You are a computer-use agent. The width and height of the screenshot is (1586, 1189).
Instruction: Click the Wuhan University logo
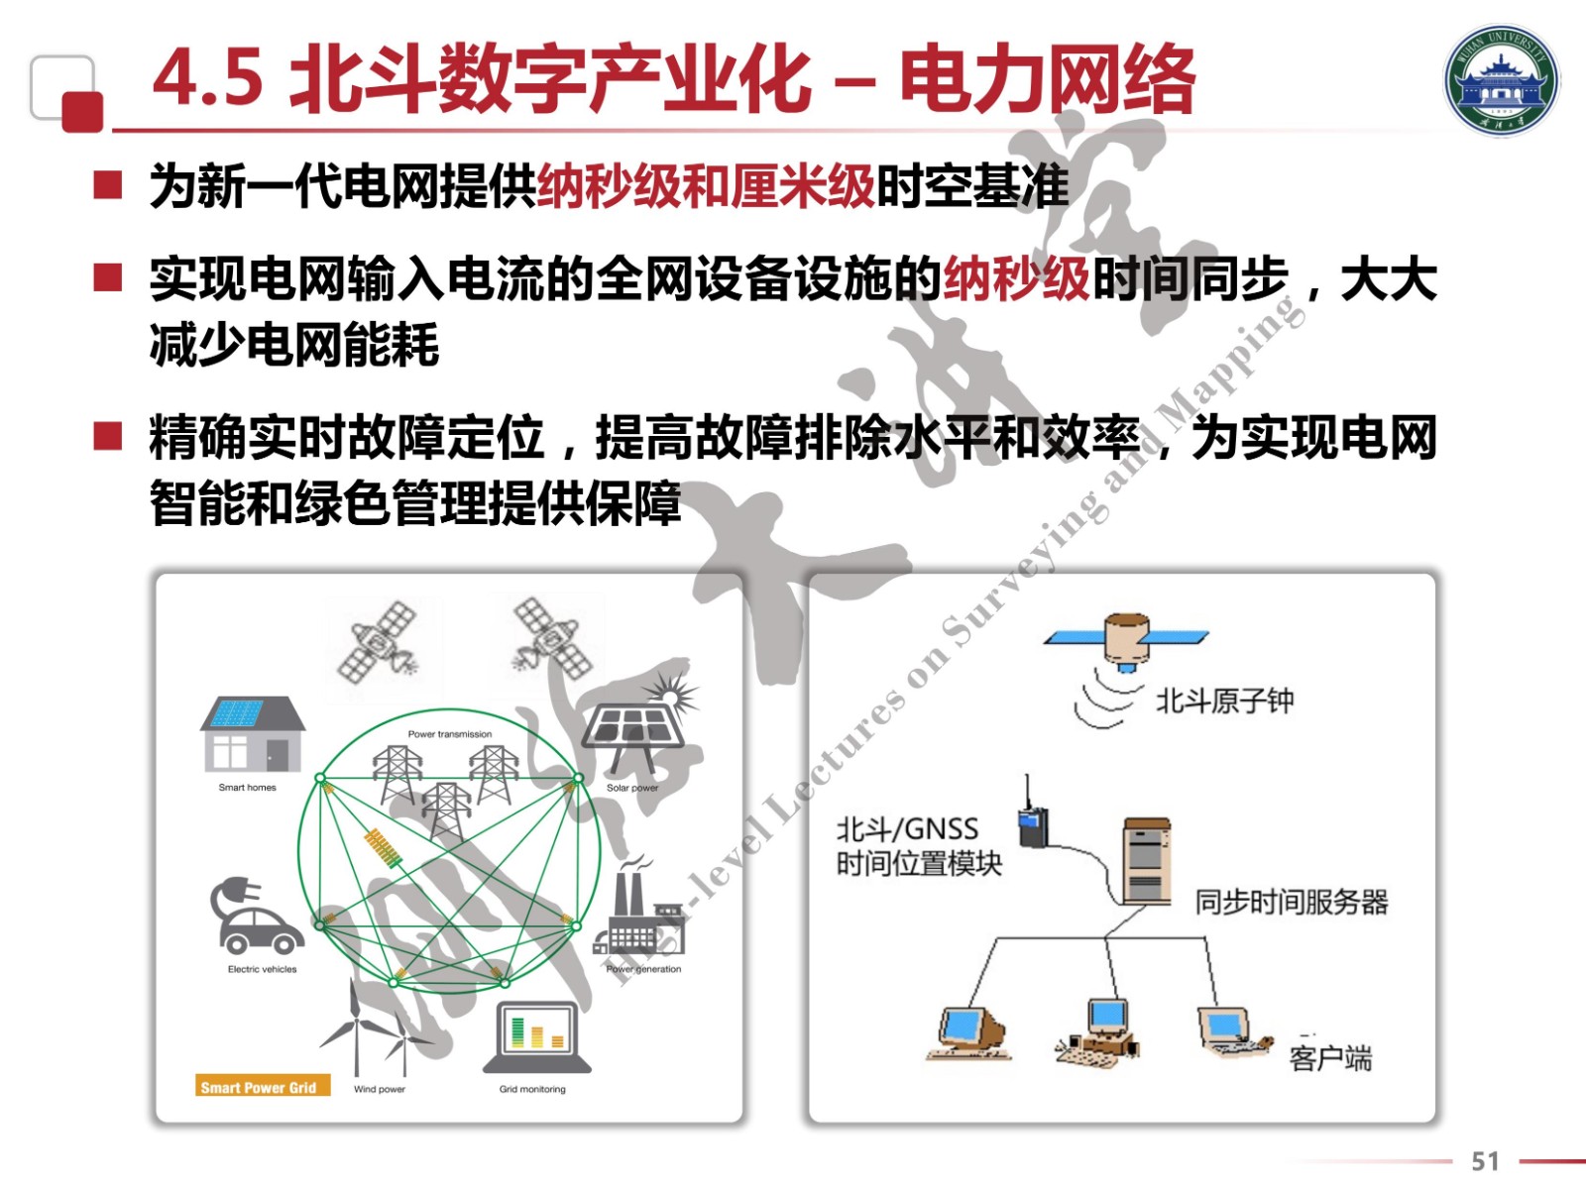click(1501, 79)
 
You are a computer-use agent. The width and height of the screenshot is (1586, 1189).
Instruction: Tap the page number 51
click(1485, 1160)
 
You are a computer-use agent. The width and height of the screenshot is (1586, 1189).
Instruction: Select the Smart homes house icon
click(253, 734)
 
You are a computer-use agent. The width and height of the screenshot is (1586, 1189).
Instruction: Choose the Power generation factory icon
click(638, 917)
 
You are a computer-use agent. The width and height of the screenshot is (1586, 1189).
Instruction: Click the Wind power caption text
click(380, 1089)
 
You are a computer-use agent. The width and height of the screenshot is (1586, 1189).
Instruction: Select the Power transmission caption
click(450, 734)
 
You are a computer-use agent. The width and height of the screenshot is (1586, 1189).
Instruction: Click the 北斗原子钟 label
click(1224, 701)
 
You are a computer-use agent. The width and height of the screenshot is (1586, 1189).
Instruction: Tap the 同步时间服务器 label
click(1291, 902)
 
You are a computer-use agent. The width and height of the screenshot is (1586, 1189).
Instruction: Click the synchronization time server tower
click(1147, 860)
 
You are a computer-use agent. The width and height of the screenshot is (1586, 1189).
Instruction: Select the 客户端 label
click(1330, 1058)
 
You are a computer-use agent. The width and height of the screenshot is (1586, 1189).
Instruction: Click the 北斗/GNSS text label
click(907, 828)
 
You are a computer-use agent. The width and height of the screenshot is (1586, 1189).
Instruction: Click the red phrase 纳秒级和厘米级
click(706, 185)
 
